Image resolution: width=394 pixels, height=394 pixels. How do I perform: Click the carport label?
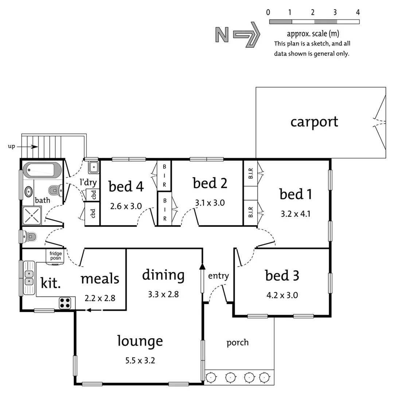click(314, 122)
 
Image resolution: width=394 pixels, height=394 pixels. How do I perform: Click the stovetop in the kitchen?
click(65, 303)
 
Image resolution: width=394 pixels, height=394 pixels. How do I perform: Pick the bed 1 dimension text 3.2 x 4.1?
click(296, 214)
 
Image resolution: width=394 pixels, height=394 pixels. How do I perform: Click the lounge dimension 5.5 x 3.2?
click(140, 361)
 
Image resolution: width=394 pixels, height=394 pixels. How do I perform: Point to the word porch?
click(237, 343)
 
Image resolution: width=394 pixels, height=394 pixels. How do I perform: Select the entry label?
click(218, 276)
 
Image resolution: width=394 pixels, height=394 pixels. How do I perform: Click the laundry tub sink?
click(93, 167)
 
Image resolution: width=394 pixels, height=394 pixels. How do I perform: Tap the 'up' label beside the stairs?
click(12, 147)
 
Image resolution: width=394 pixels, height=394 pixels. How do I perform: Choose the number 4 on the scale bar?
click(358, 12)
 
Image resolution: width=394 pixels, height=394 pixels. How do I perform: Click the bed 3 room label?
click(282, 276)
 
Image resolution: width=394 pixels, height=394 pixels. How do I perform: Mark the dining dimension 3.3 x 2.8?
click(163, 294)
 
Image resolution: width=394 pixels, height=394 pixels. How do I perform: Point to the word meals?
click(100, 279)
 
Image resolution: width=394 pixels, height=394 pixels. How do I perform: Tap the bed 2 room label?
click(210, 183)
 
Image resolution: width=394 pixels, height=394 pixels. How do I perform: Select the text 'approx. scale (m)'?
click(313, 34)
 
